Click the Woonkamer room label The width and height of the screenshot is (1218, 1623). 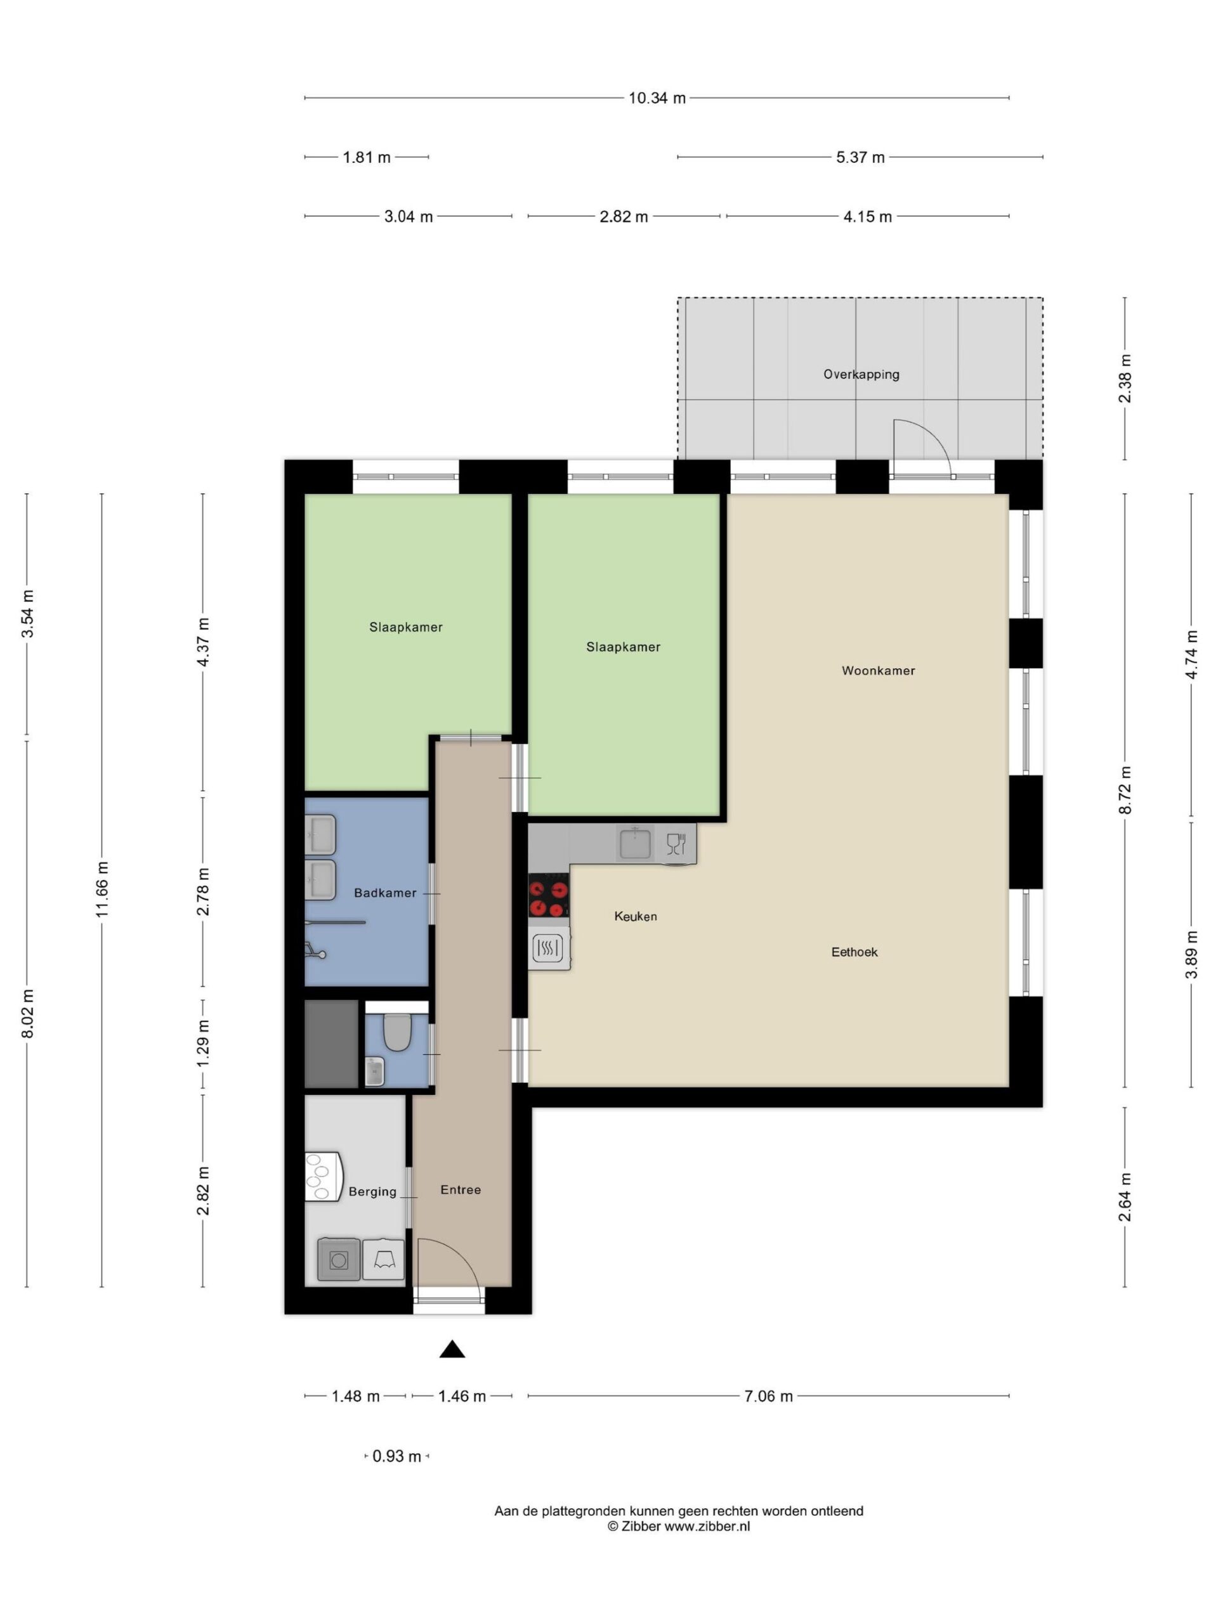coord(878,671)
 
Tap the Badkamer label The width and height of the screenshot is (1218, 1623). coord(384,893)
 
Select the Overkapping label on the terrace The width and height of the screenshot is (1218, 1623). coord(861,374)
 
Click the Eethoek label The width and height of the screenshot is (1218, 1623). coord(854,952)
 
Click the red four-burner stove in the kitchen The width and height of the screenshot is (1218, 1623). coord(549,895)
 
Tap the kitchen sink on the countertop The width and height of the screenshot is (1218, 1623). coord(635,843)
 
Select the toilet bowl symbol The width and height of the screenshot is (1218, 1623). coord(396,1031)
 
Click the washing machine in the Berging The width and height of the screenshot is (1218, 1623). coord(339,1259)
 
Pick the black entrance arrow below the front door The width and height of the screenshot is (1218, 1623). coord(452,1349)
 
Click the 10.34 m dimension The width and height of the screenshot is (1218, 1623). coord(657,98)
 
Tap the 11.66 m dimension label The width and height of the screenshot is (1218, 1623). coord(102,889)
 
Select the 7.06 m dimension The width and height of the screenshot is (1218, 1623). coord(769,1396)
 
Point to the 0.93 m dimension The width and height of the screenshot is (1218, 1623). coord(396,1456)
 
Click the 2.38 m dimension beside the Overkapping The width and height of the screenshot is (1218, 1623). coord(1125,378)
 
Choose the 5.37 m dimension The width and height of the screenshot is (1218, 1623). coord(860,157)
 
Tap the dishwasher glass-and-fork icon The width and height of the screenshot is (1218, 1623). coord(676,844)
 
